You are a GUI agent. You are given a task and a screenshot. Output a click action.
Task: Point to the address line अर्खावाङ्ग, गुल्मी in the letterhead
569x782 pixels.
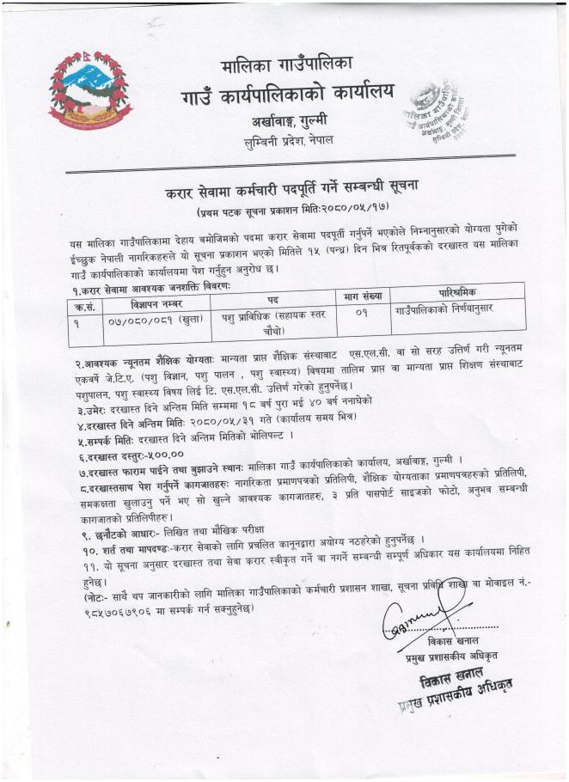[289, 121]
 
